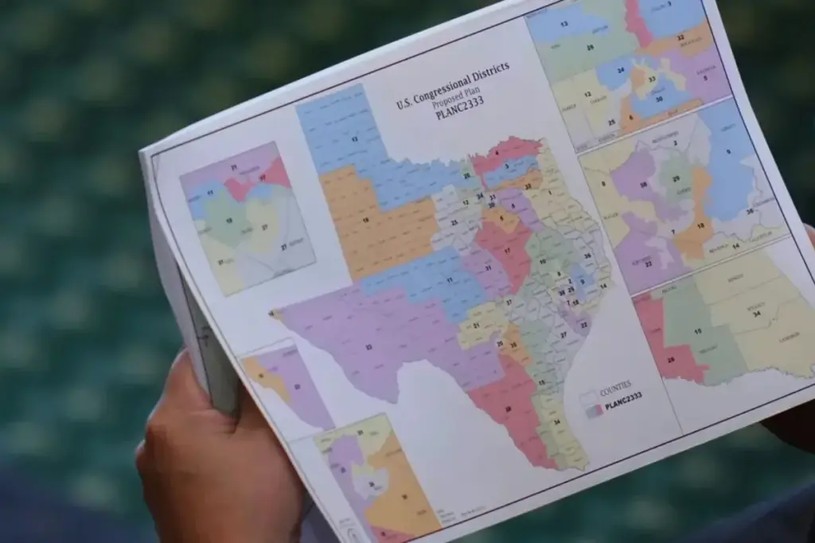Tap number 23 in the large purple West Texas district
pos(368,347)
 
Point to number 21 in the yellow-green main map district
pos(476,326)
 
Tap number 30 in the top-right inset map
pos(658,99)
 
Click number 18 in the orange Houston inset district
pos(700,225)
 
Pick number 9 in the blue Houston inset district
pos(727,150)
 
